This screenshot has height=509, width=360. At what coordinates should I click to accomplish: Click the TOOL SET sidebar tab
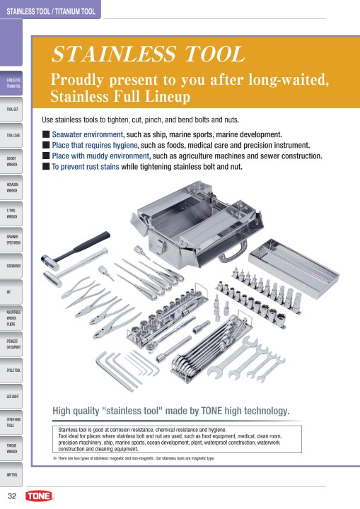click(13, 110)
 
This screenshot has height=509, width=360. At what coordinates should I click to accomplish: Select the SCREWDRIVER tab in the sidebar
click(13, 267)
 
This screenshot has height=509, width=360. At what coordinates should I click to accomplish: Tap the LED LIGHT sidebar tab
click(13, 397)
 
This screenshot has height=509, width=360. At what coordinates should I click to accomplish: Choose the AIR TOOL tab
click(13, 474)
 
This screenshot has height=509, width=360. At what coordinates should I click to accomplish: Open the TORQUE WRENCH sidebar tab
click(13, 448)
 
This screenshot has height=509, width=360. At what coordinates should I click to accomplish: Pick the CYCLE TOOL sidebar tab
click(13, 370)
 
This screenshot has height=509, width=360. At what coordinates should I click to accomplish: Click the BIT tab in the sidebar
click(13, 292)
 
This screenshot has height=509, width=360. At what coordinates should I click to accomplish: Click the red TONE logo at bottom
click(39, 496)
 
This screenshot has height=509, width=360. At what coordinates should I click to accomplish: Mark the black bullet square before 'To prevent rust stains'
click(46, 167)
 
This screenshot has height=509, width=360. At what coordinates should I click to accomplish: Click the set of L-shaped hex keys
click(129, 367)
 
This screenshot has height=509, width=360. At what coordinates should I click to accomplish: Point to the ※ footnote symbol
click(55, 458)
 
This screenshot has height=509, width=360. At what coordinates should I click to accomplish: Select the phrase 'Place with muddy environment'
click(99, 156)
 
